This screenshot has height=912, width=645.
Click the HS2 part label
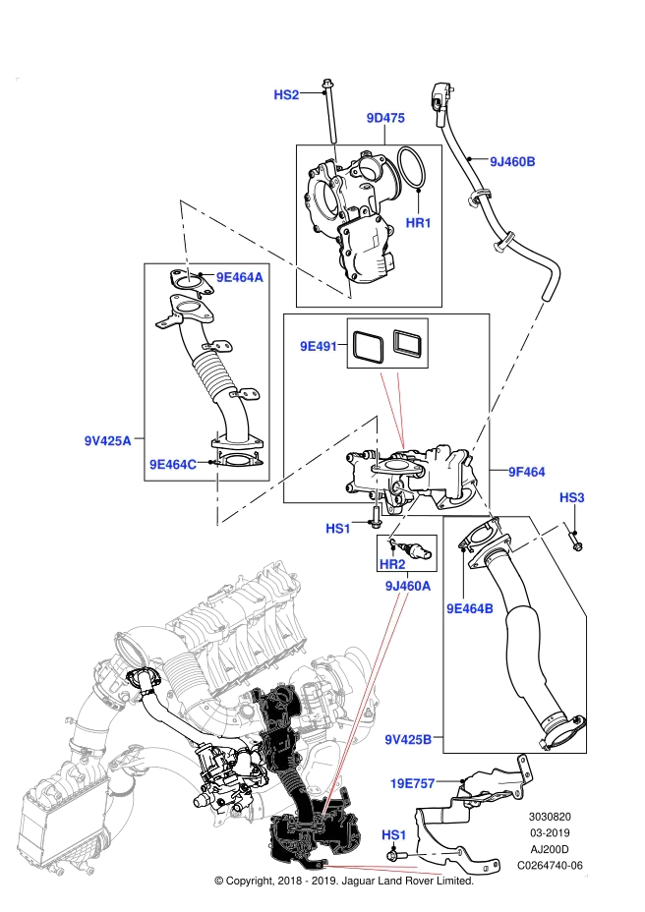pyautogui.click(x=286, y=94)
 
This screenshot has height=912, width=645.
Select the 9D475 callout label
pyautogui.click(x=385, y=118)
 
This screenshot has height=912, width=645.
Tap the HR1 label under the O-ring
pyautogui.click(x=418, y=223)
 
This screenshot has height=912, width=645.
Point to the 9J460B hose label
pyautogui.click(x=512, y=162)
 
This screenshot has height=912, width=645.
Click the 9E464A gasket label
pyautogui.click(x=240, y=277)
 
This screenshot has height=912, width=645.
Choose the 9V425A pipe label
pyautogui.click(x=108, y=441)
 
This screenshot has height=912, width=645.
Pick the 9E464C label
pyautogui.click(x=173, y=464)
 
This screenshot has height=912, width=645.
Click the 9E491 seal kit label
pyautogui.click(x=319, y=347)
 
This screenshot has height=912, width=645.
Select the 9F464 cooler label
pyautogui.click(x=527, y=473)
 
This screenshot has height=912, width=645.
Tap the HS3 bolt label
pyautogui.click(x=571, y=498)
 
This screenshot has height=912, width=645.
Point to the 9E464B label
pyautogui.click(x=470, y=609)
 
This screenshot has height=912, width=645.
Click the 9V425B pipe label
pyautogui.click(x=408, y=740)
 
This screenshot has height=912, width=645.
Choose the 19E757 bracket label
pyautogui.click(x=412, y=784)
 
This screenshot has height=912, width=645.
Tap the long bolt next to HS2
pyautogui.click(x=330, y=111)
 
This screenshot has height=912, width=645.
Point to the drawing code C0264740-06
pyautogui.click(x=550, y=866)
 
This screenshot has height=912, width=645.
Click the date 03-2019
pyautogui.click(x=550, y=833)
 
